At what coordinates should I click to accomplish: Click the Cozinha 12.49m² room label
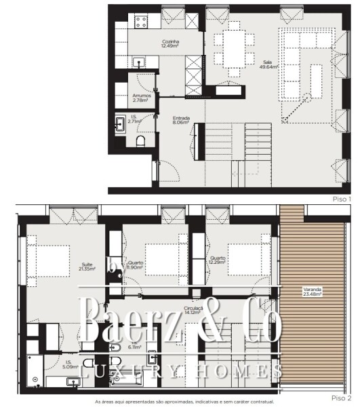pyautogui.click(x=170, y=44)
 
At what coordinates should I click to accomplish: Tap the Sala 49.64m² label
pyautogui.click(x=267, y=64)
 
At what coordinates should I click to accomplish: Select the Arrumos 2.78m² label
pyautogui.click(x=142, y=98)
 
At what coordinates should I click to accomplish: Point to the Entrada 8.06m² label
pyautogui.click(x=181, y=121)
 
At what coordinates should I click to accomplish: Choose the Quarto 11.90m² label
pyautogui.click(x=136, y=265)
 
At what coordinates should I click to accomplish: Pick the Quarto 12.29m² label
pyautogui.click(x=217, y=260)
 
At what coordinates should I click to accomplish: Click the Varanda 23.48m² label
pyautogui.click(x=313, y=293)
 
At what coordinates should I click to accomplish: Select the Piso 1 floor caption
pyautogui.click(x=342, y=199)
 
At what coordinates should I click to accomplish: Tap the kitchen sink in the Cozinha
pyautogui.click(x=141, y=62)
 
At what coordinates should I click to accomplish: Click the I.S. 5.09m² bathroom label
pyautogui.click(x=70, y=364)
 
